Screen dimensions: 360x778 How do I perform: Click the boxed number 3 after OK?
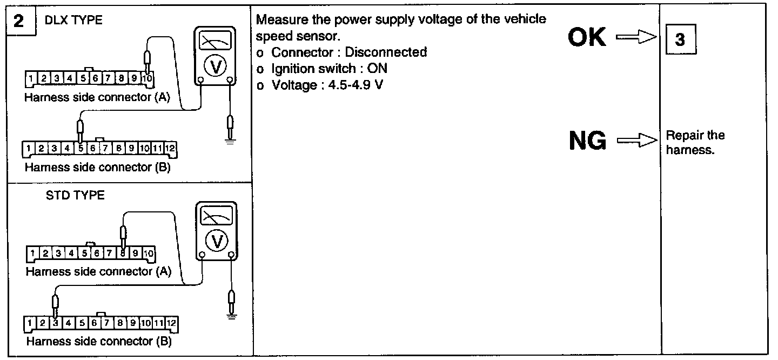pos(680,41)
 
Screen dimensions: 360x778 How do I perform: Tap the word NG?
pos(587,142)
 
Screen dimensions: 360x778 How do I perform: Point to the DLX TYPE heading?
pos(74,21)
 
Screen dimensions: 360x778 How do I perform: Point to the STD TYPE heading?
pos(75,195)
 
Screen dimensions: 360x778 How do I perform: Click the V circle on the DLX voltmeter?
pos(215,66)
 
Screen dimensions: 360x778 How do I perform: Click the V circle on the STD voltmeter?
pos(217,241)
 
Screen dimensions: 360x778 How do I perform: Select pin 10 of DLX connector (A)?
pos(147,79)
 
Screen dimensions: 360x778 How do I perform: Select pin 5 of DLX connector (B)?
pos(80,148)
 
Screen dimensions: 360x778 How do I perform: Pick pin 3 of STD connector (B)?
pos(56,323)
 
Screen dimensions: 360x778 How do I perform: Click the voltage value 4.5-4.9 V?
pos(354,85)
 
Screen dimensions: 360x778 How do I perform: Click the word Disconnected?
pos(386,52)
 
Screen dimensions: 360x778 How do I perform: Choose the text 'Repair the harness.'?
pos(695,142)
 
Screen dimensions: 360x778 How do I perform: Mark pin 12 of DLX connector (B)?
pos(170,148)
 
